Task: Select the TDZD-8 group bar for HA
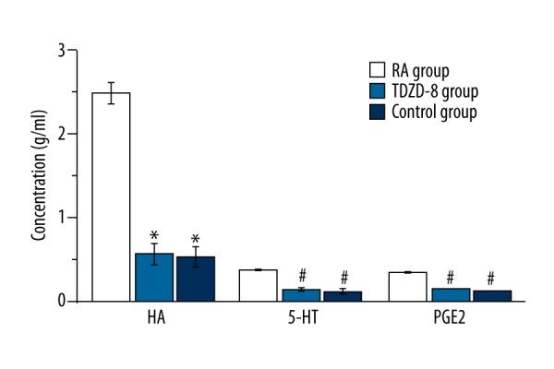(x=153, y=277)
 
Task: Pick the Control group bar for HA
(x=195, y=279)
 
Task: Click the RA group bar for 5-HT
(x=258, y=285)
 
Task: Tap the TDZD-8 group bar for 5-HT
(x=300, y=295)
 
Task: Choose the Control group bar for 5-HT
(x=343, y=296)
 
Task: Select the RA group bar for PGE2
(x=407, y=286)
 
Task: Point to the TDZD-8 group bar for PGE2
(x=450, y=294)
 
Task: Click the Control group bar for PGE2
(x=491, y=296)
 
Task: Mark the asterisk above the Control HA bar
(x=195, y=239)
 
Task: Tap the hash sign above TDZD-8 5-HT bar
(x=300, y=276)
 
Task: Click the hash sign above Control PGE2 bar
(x=491, y=278)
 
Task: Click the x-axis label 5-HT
(x=300, y=319)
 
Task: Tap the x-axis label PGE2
(x=450, y=319)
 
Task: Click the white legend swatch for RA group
(x=377, y=70)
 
